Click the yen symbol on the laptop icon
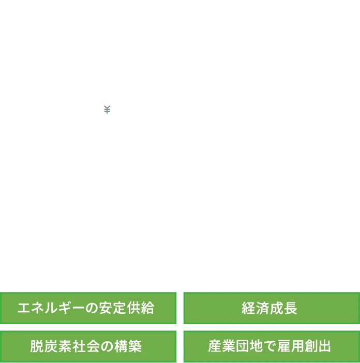pyautogui.click(x=107, y=109)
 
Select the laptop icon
pyautogui.click(x=113, y=122)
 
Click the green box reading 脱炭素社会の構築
pyautogui.click(x=88, y=346)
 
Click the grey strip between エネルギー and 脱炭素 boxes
pyautogui.click(x=88, y=327)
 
